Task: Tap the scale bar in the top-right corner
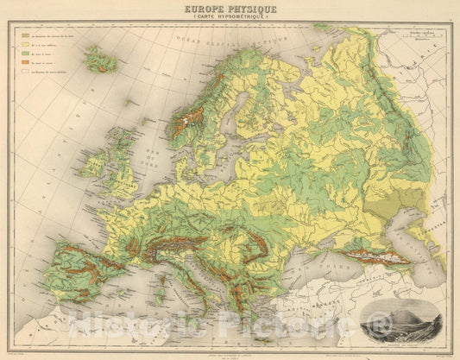(423, 35)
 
